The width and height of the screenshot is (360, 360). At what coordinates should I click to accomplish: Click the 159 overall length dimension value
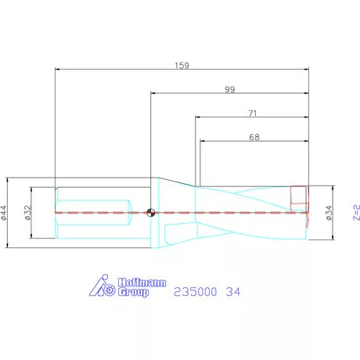coord(182,65)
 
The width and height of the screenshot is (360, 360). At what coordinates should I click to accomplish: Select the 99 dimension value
coord(230,89)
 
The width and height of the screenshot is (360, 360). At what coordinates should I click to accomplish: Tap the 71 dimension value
coord(253,113)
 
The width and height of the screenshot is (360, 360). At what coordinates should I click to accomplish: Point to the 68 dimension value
coord(254,137)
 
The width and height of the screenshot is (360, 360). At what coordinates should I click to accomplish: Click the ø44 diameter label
coord(4,213)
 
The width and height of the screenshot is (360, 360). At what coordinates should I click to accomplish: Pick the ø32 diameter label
coord(28,213)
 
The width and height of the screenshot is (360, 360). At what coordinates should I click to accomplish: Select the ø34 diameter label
coord(329,213)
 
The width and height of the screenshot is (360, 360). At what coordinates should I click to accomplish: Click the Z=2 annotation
coord(357,213)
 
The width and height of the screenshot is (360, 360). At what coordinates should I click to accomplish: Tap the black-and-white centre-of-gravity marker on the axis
coord(151,213)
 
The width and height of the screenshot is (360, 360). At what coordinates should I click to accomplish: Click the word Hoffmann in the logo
coord(142,283)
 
